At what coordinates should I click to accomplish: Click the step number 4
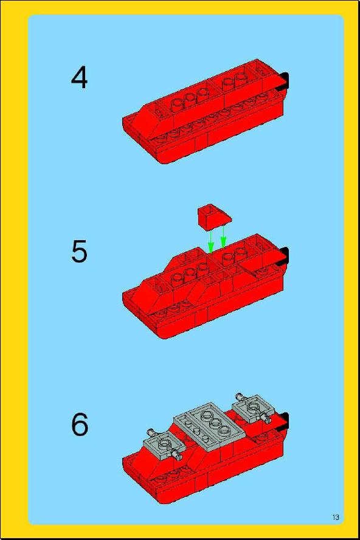click(79, 78)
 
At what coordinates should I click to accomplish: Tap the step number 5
click(79, 251)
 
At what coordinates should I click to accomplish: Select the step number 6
click(80, 424)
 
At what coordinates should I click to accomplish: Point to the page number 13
click(336, 517)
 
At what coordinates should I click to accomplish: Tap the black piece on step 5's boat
click(284, 256)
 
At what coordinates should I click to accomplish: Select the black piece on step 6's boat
click(284, 422)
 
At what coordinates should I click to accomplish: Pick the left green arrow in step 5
click(211, 241)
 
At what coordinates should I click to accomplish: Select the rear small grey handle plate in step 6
click(253, 409)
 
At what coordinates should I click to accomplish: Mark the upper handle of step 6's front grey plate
click(151, 432)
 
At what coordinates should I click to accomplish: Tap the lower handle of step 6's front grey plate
click(177, 456)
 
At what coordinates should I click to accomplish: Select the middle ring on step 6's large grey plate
click(215, 423)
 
